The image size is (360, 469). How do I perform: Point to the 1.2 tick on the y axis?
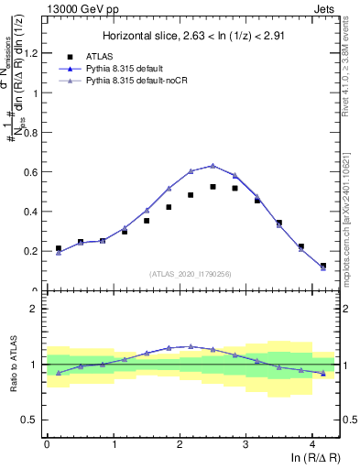[x=34, y=53]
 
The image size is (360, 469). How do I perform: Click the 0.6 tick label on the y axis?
[x=34, y=172]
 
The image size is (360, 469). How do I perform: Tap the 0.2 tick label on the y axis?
[x=34, y=251]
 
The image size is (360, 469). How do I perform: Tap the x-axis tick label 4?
[x=312, y=443]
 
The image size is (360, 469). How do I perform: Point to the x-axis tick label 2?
[x=180, y=443]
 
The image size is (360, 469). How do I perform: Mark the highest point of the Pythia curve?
[x=213, y=166]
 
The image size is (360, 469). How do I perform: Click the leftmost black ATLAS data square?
[x=58, y=248]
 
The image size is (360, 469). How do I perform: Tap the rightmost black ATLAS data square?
[x=323, y=266]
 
